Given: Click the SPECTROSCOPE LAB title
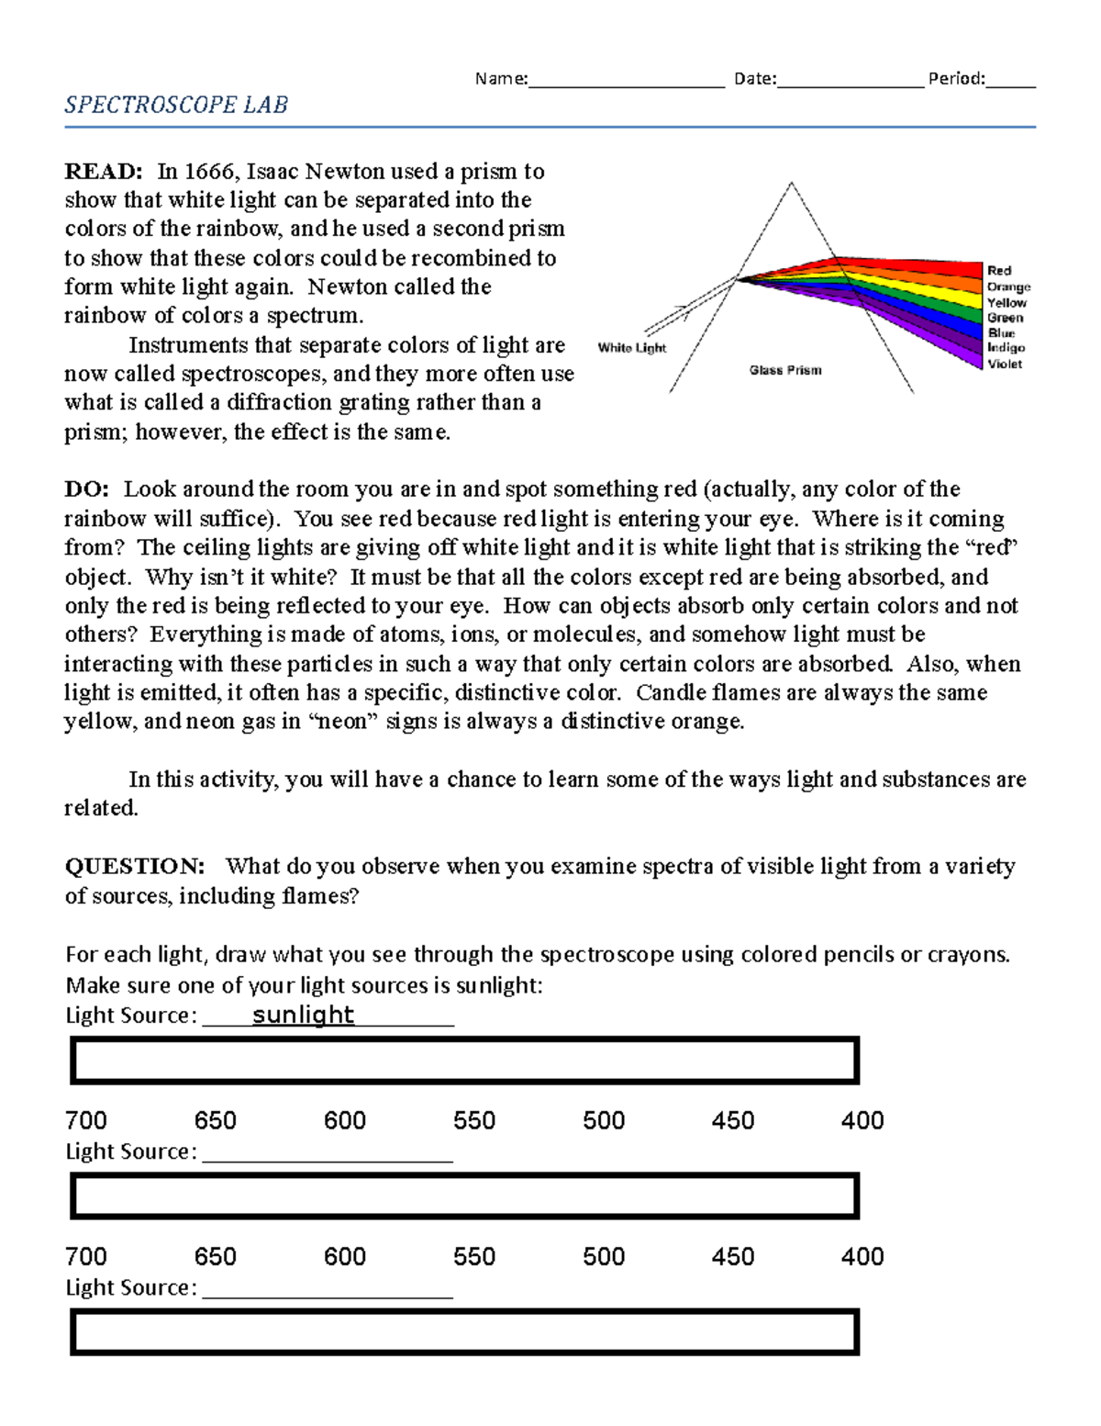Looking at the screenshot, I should tap(176, 106).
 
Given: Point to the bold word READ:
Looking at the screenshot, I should tap(103, 172).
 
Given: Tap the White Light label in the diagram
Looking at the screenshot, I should tap(631, 348).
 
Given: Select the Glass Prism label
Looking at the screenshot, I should tap(785, 370).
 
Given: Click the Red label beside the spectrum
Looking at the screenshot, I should tap(999, 271).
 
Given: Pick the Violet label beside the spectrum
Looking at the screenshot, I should tap(1005, 365).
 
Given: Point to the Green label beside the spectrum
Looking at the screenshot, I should tap(1005, 318).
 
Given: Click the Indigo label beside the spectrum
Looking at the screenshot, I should tap(1006, 348).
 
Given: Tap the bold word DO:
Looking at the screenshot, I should tap(86, 489).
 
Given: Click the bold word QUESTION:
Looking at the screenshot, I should tap(135, 867).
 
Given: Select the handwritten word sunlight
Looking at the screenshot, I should tap(303, 1015).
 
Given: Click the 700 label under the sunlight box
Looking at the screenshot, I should tap(86, 1120).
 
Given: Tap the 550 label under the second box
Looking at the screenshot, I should tap(474, 1256).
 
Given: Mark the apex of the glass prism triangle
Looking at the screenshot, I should tap(791, 184).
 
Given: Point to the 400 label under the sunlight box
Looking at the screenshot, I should tap(862, 1120).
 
